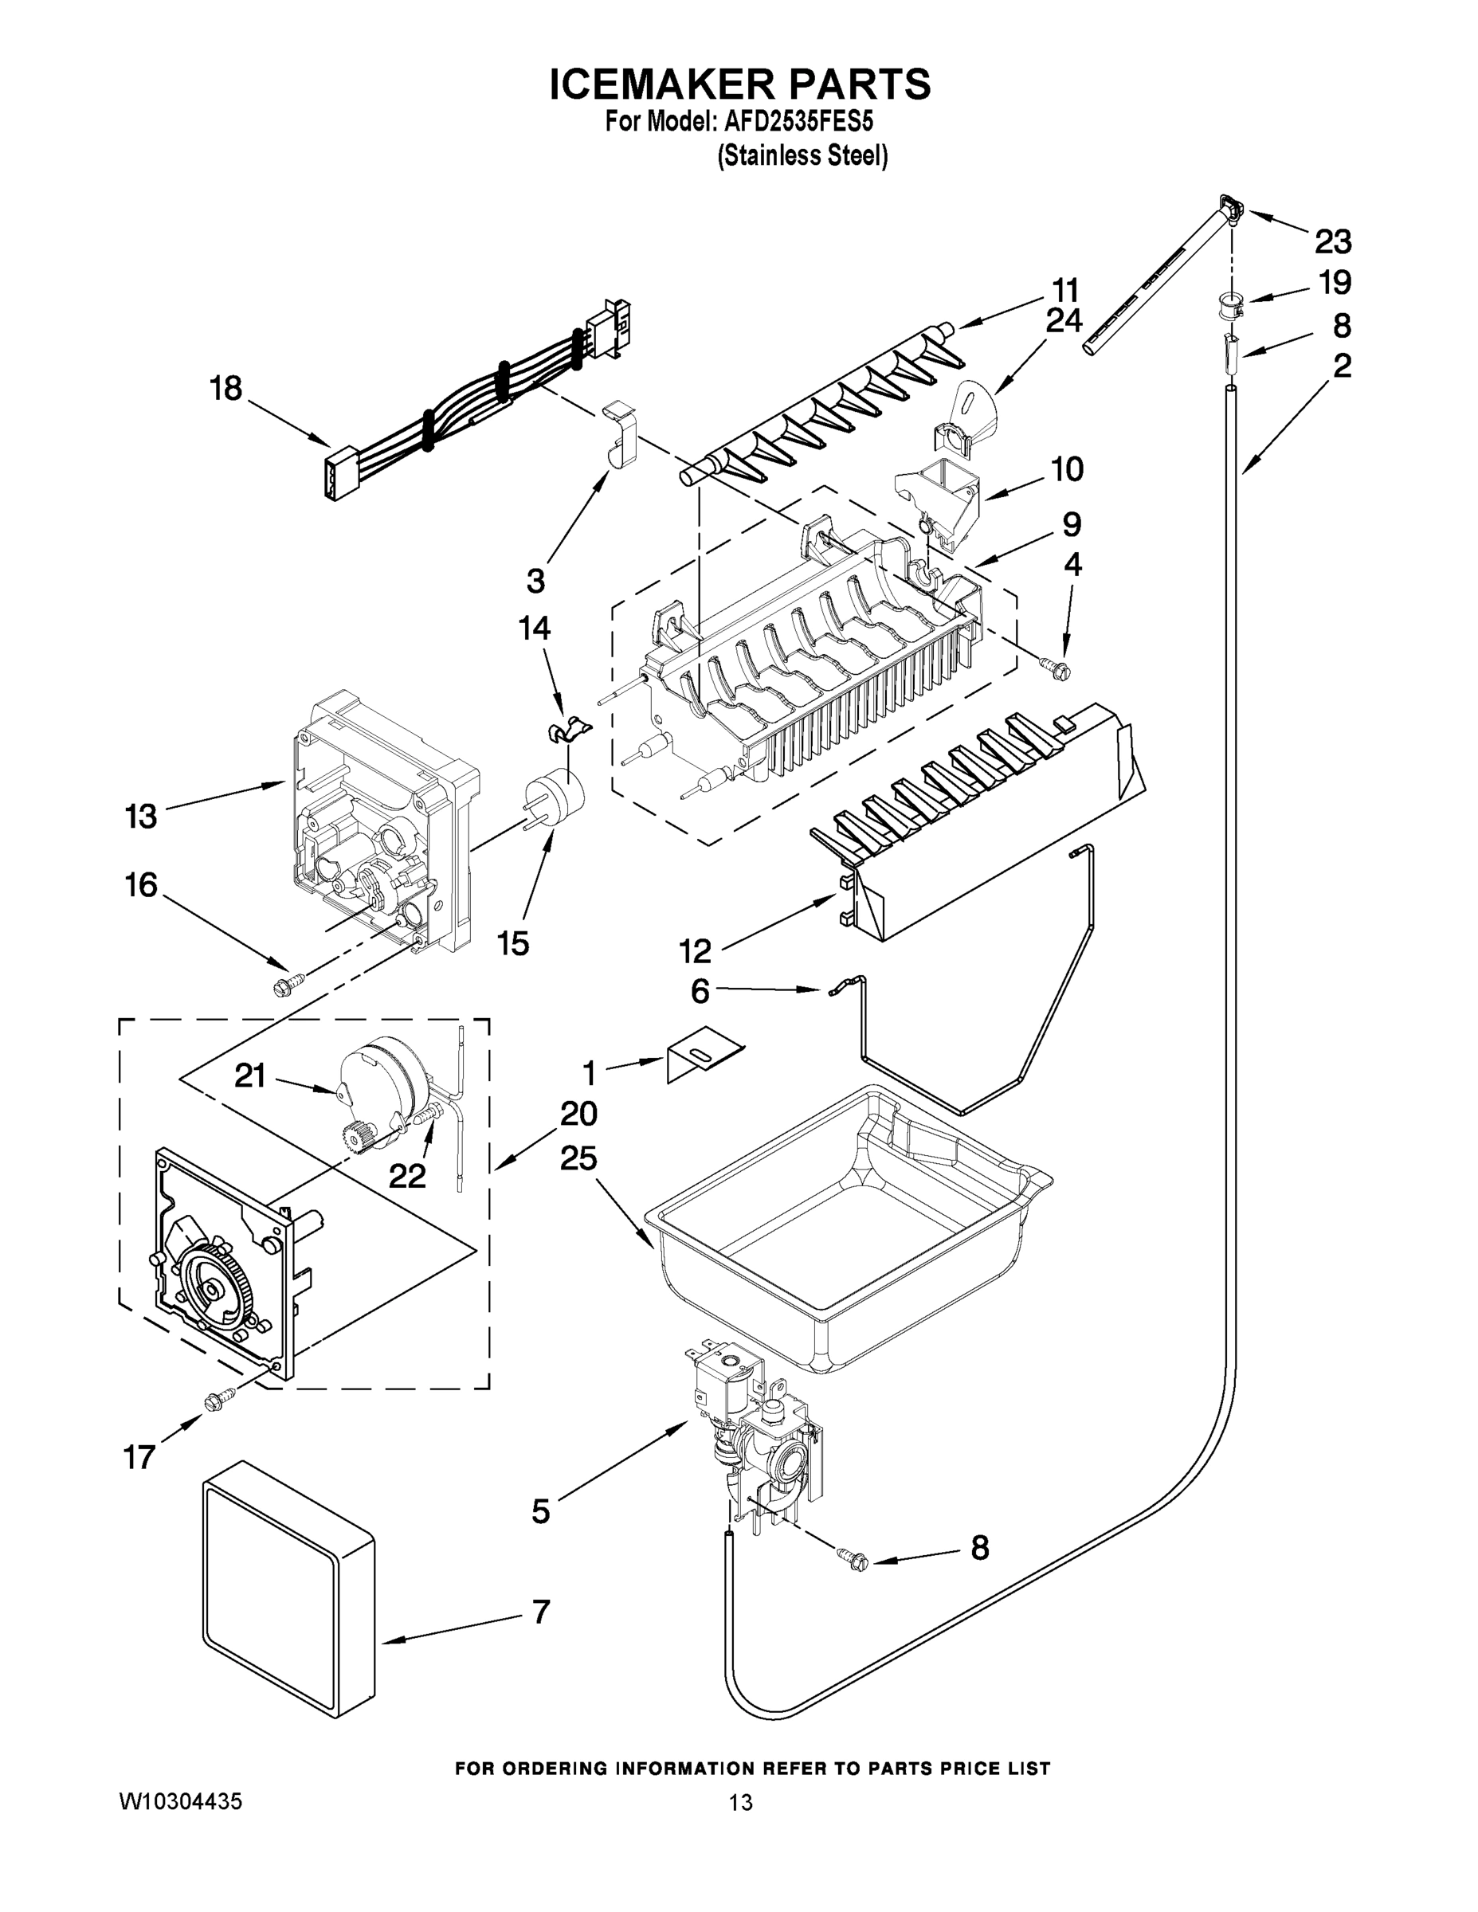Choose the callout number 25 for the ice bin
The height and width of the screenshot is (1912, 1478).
(x=578, y=1158)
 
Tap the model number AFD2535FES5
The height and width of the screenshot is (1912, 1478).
(x=796, y=120)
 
